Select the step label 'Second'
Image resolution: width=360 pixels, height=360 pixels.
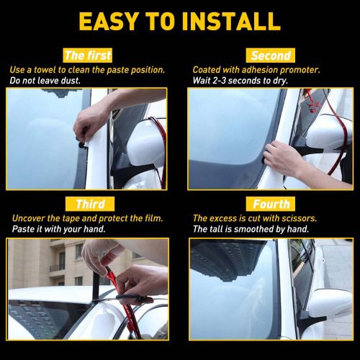click(x=270, y=55)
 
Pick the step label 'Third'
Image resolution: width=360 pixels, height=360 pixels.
click(x=90, y=204)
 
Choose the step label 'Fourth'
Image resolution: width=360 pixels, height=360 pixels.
click(x=271, y=204)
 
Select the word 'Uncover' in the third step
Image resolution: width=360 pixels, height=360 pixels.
click(x=28, y=218)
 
